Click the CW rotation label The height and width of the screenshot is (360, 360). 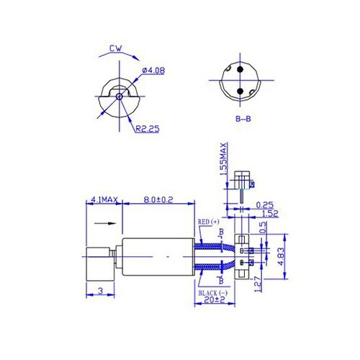(x=114, y=50)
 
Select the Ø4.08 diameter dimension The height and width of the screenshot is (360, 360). (x=154, y=70)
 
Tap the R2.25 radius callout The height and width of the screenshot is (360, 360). (x=148, y=129)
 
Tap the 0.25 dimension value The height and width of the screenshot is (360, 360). (x=266, y=204)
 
